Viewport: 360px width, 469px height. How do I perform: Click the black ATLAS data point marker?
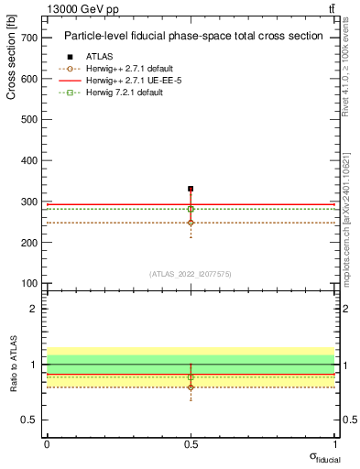click(191, 189)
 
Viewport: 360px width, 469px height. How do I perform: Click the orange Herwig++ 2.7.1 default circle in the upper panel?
click(191, 223)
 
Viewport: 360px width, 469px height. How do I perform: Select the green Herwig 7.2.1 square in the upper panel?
click(191, 209)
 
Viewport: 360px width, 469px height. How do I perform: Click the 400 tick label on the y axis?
click(28, 160)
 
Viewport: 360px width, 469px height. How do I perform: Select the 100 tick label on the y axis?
click(28, 283)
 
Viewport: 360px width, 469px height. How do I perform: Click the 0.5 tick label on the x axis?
click(191, 443)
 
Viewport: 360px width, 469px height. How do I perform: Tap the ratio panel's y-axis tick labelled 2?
click(34, 309)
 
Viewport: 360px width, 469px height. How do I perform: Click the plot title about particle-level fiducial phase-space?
click(192, 37)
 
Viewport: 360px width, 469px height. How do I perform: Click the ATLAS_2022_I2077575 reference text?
click(191, 273)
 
